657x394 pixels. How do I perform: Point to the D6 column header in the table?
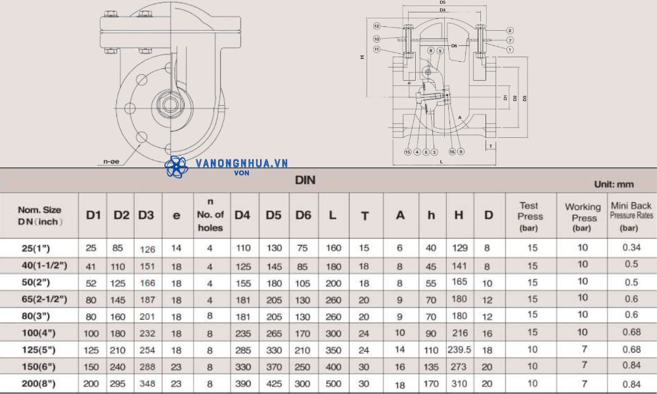pyautogui.click(x=303, y=215)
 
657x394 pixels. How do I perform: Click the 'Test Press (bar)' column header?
pyautogui.click(x=530, y=216)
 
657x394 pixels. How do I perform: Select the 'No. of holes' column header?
pyautogui.click(x=210, y=215)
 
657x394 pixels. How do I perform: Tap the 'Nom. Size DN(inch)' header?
pyautogui.click(x=39, y=215)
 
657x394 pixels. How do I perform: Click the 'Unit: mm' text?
pyautogui.click(x=614, y=185)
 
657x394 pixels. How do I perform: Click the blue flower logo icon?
pyautogui.click(x=177, y=167)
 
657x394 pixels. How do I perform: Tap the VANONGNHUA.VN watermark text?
pyautogui.click(x=242, y=164)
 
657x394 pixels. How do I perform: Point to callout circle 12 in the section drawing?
pyautogui.click(x=377, y=26)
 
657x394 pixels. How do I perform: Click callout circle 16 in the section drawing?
pyautogui.click(x=452, y=152)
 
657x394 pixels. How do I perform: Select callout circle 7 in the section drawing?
pyautogui.click(x=510, y=40)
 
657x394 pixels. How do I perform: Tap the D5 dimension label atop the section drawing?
pyautogui.click(x=442, y=3)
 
